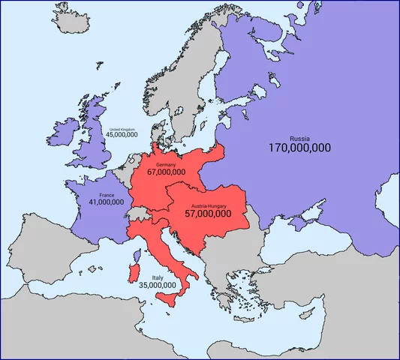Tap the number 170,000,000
click(299, 148)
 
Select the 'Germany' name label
click(166, 163)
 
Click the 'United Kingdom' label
click(122, 129)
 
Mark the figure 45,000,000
click(122, 135)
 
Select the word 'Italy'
click(158, 277)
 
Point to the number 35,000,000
click(158, 285)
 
